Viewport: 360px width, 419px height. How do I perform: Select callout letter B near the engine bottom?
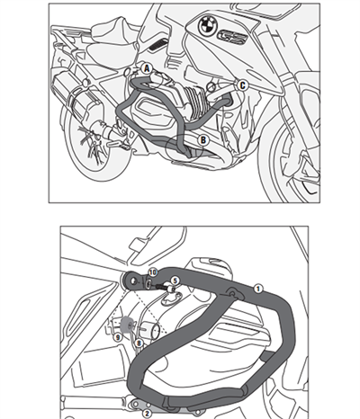[x=204, y=140]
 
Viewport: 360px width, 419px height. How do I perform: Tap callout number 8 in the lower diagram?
[x=139, y=343]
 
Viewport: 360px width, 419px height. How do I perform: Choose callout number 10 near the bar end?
[x=152, y=272]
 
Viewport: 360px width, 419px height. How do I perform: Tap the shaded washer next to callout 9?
[x=131, y=326]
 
